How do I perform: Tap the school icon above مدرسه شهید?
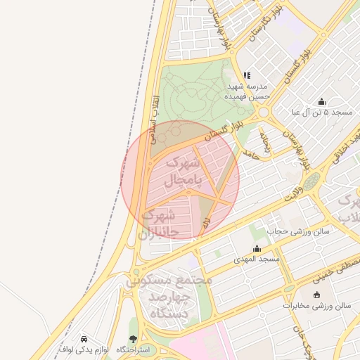[x=247, y=75]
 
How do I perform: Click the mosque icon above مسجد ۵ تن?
[x=321, y=101]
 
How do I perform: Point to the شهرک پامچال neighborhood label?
[x=182, y=172]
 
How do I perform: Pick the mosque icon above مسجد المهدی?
[x=257, y=248]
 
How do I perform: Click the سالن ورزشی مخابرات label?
[x=316, y=306]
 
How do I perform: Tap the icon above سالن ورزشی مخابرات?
[x=316, y=295]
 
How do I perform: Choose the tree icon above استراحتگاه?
[x=133, y=338]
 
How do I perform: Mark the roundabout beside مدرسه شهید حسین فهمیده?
[x=264, y=112]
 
